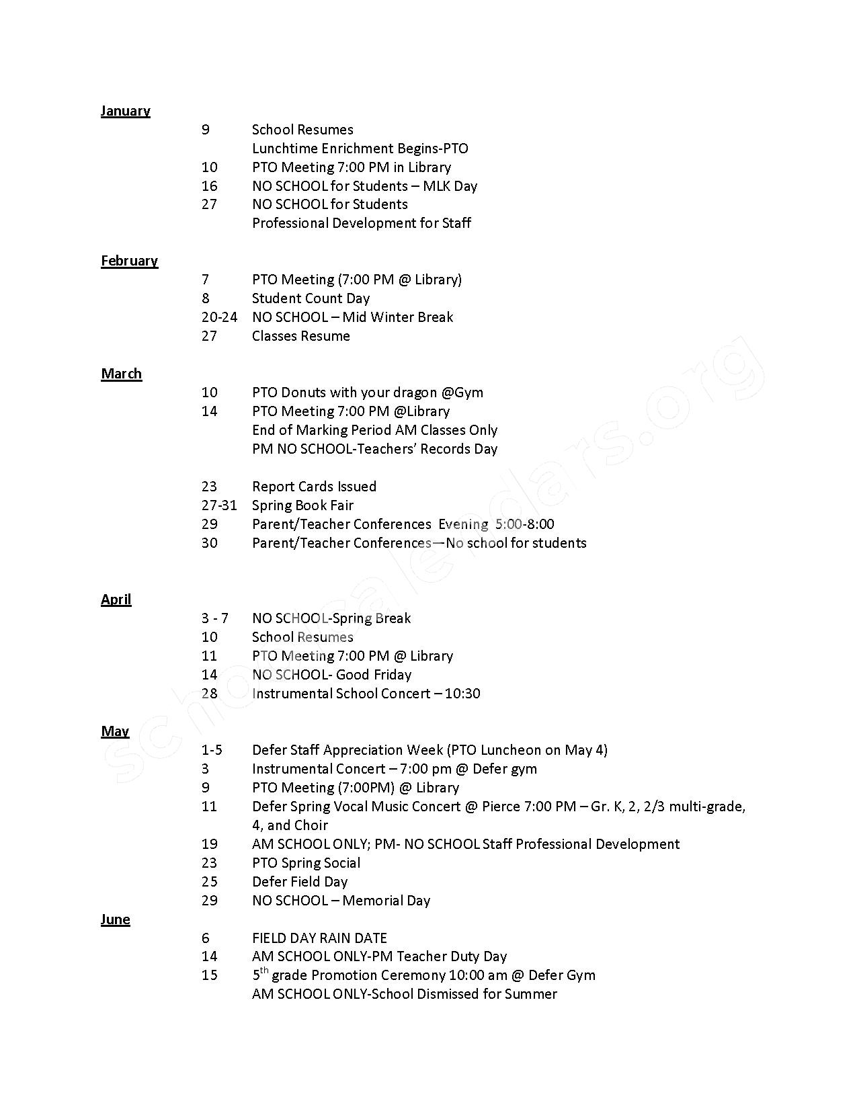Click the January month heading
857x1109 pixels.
click(x=125, y=111)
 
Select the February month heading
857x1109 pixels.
click(x=129, y=261)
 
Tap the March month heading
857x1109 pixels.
click(x=121, y=374)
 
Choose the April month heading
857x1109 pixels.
click(x=116, y=600)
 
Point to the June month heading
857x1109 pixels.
click(x=115, y=919)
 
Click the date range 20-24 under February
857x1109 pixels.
click(x=219, y=317)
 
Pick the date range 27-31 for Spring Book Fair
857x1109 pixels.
click(x=219, y=505)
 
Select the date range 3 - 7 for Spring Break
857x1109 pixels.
click(x=215, y=618)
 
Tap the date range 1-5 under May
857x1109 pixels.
click(x=212, y=750)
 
